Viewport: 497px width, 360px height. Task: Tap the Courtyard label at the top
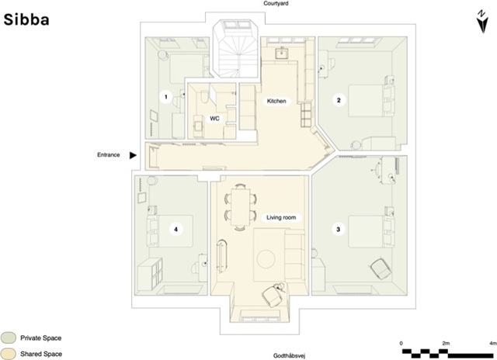pyautogui.click(x=276, y=5)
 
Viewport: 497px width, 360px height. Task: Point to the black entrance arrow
pyautogui.click(x=134, y=155)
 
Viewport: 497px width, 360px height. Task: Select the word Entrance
pyautogui.click(x=109, y=155)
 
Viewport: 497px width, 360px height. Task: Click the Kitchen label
pyautogui.click(x=277, y=102)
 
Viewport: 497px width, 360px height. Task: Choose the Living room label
pyautogui.click(x=281, y=218)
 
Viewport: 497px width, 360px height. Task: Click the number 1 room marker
pyautogui.click(x=165, y=97)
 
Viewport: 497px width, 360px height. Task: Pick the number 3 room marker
pyautogui.click(x=337, y=229)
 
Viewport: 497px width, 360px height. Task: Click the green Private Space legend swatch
pyautogui.click(x=9, y=338)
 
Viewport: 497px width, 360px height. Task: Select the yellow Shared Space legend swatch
pyautogui.click(x=9, y=354)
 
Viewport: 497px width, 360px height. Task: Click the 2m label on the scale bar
pyautogui.click(x=447, y=341)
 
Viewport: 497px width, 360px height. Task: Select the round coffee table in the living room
pyautogui.click(x=264, y=257)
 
